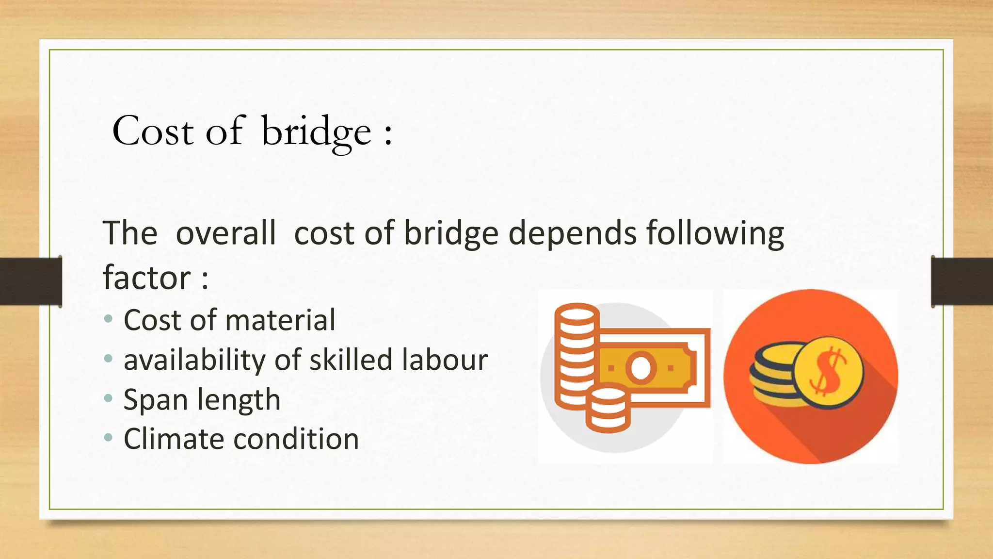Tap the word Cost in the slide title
tap(153, 131)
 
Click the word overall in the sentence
tap(225, 233)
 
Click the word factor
tap(147, 278)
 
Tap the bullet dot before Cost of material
tap(109, 319)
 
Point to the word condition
tap(296, 439)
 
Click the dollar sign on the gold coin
tap(828, 372)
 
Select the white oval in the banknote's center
tap(641, 368)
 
